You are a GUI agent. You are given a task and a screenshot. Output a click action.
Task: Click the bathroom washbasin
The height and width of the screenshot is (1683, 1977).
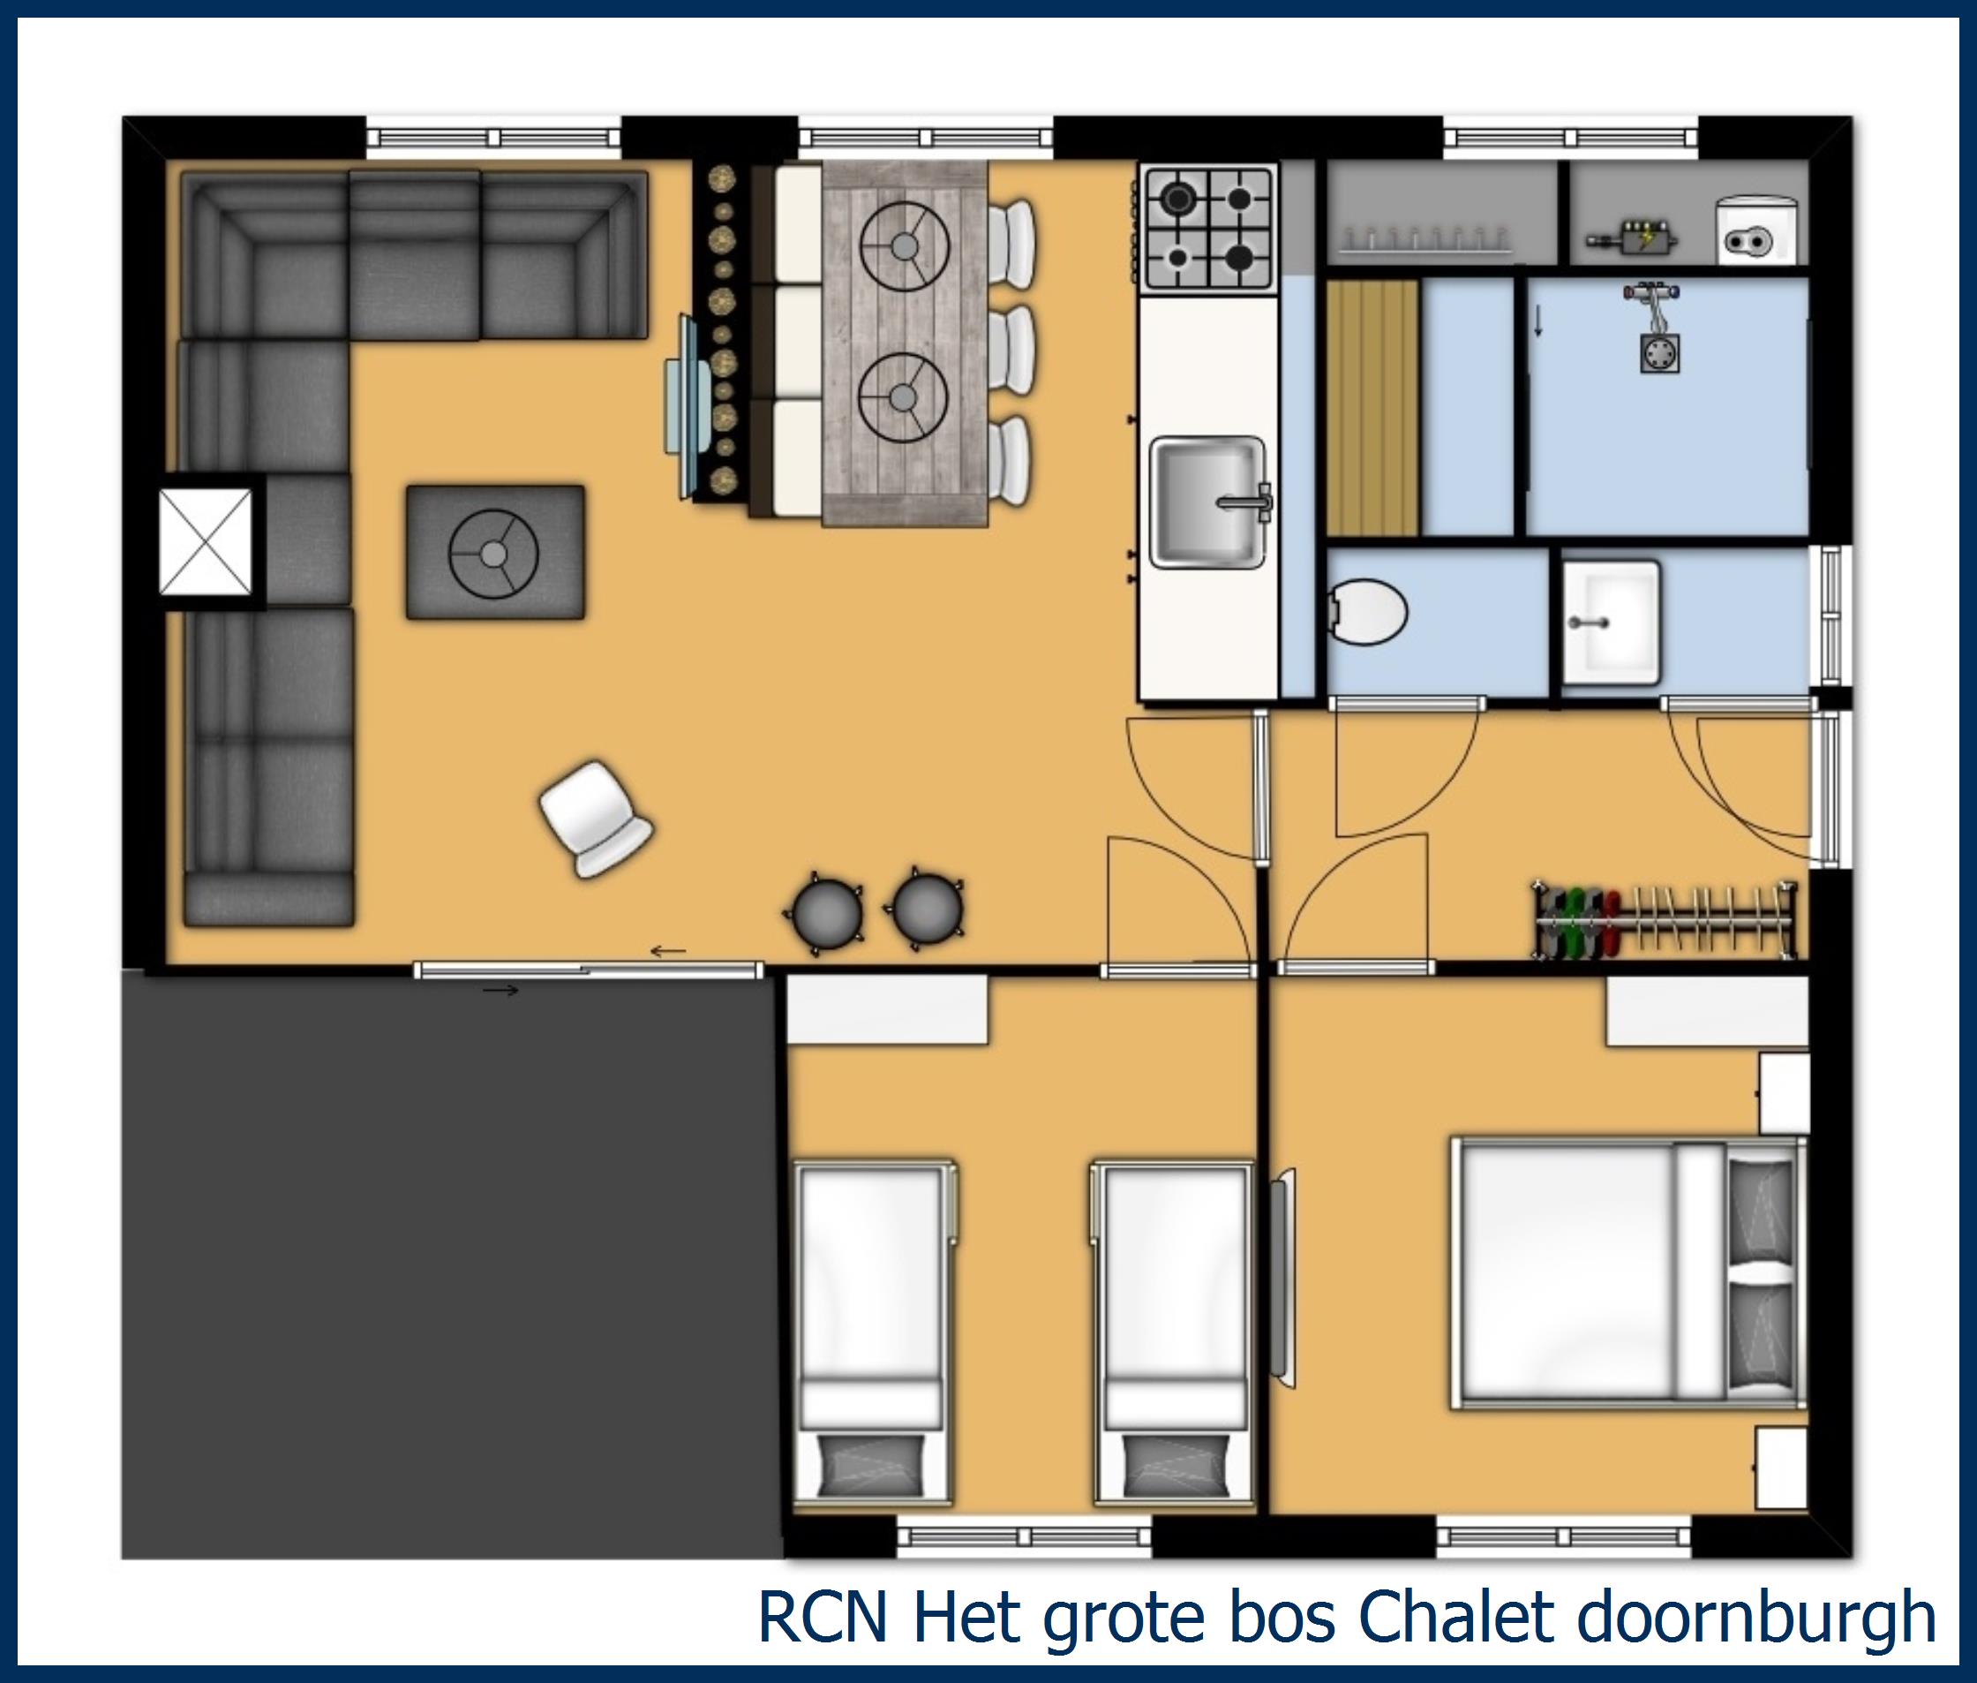coord(1610,621)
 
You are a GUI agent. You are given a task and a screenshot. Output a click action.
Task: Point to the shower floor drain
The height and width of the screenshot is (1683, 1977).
coord(1659,354)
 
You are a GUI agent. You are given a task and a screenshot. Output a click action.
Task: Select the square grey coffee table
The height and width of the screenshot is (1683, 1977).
coord(495,553)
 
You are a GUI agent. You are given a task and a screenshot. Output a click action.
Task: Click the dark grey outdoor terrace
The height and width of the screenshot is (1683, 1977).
coord(448,1259)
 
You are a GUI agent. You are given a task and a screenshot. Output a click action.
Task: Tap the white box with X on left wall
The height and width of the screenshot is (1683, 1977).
coord(206,541)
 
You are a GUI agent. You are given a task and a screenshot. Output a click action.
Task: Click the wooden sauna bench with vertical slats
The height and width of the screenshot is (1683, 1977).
coord(1372,407)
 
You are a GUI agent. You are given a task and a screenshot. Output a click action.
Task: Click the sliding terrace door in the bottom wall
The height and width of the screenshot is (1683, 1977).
coord(589,970)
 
